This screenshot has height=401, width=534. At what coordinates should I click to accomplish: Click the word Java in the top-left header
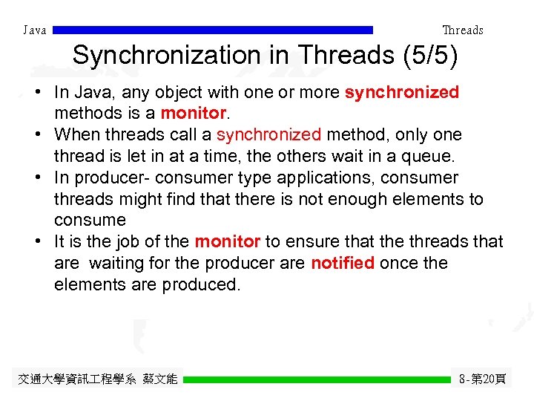pyautogui.click(x=35, y=30)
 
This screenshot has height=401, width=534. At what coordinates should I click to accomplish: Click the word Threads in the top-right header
pyautogui.click(x=462, y=30)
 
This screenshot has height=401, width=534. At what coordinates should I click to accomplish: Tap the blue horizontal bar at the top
pyautogui.click(x=214, y=30)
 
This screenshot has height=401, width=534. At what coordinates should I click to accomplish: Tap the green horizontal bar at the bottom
pyautogui.click(x=317, y=379)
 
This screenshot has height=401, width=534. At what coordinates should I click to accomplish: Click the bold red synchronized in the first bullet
pyautogui.click(x=402, y=93)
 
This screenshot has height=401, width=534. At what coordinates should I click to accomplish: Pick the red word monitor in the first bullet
pyautogui.click(x=192, y=114)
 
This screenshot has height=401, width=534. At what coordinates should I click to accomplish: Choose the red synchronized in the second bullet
pyautogui.click(x=268, y=135)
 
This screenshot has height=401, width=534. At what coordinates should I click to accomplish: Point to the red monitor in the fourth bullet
pyautogui.click(x=227, y=242)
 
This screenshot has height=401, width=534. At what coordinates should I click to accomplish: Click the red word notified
pyautogui.click(x=342, y=264)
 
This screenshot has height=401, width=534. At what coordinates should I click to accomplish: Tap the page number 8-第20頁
pyautogui.click(x=482, y=379)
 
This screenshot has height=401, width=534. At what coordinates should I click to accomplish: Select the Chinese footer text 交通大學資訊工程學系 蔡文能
pyautogui.click(x=97, y=379)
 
